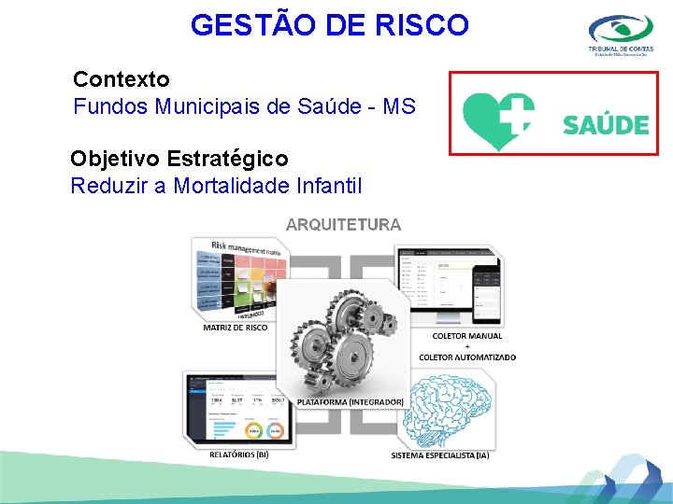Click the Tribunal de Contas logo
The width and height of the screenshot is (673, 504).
pyautogui.click(x=622, y=36)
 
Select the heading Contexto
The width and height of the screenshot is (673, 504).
pyautogui.click(x=122, y=78)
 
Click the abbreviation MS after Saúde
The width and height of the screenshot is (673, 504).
pyautogui.click(x=397, y=105)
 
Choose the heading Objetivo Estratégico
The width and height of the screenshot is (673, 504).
pyautogui.click(x=179, y=159)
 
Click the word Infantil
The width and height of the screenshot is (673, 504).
pyautogui.click(x=328, y=186)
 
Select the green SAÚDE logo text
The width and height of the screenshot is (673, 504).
pyautogui.click(x=606, y=124)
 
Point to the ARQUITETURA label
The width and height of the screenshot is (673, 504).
pyautogui.click(x=343, y=224)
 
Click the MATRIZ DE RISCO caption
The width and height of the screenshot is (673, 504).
pyautogui.click(x=235, y=328)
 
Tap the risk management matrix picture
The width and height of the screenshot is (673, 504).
pyautogui.click(x=236, y=278)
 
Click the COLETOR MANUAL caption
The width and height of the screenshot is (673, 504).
pyautogui.click(x=467, y=336)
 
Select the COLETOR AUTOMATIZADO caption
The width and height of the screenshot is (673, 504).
pyautogui.click(x=467, y=357)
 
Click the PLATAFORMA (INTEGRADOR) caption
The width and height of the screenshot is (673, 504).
pyautogui.click(x=350, y=401)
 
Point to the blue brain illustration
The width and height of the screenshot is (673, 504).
pyautogui.click(x=449, y=411)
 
